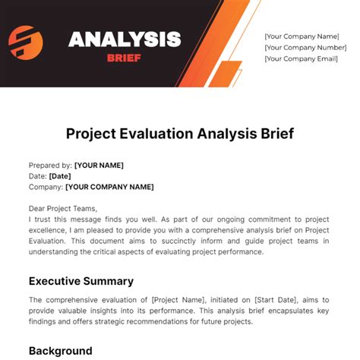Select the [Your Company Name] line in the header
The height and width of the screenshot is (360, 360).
(302, 36)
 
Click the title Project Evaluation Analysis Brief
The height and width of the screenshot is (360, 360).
(179, 134)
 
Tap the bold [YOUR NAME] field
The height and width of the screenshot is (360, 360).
(99, 165)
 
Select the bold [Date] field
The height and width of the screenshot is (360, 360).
(60, 175)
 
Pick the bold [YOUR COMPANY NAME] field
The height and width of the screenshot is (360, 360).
(109, 187)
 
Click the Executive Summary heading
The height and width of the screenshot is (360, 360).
(81, 280)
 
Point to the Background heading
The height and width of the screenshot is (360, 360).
(60, 351)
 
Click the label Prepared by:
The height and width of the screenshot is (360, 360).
(50, 165)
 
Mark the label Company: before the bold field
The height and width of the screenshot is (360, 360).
(46, 187)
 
